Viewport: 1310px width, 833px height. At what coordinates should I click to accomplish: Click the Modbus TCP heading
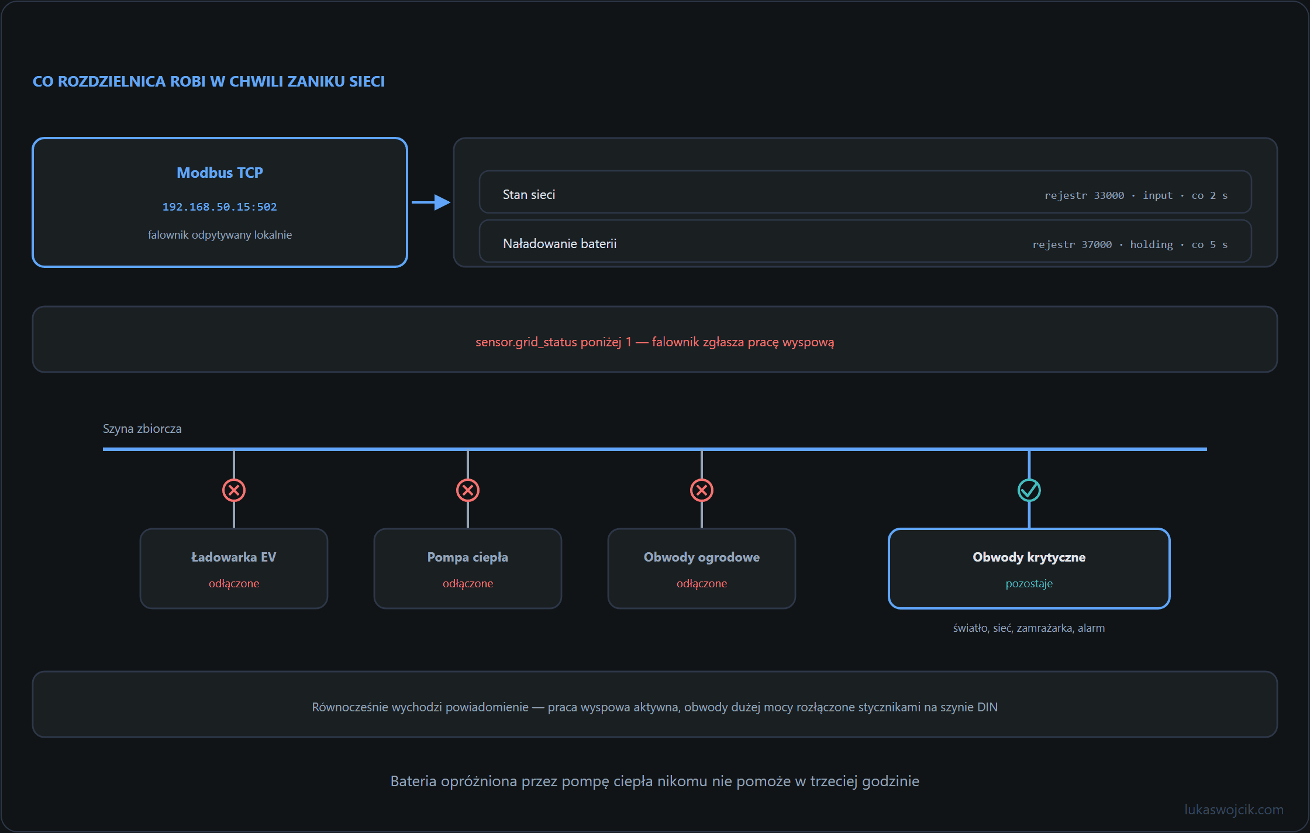[x=220, y=173]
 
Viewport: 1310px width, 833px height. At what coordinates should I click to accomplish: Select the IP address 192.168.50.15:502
[x=220, y=207]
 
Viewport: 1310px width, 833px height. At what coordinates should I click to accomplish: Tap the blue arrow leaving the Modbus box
[x=431, y=202]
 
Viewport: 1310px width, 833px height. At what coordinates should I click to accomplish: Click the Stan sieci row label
[x=529, y=195]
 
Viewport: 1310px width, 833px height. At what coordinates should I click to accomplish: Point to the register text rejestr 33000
[x=1084, y=195]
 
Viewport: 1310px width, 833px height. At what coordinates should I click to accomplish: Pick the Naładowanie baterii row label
[x=560, y=244]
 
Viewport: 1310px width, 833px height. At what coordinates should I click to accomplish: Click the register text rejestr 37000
[x=1072, y=245]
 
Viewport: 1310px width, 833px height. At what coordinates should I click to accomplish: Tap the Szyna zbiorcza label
[x=142, y=429]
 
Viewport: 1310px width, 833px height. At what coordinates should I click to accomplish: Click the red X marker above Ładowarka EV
[x=234, y=490]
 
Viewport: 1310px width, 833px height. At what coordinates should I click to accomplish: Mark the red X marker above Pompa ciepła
[x=468, y=490]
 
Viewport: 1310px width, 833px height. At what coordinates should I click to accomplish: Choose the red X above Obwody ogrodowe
[x=702, y=490]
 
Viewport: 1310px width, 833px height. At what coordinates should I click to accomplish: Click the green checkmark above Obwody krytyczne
[x=1029, y=490]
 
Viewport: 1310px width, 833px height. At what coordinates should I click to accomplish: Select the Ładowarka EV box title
[x=234, y=557]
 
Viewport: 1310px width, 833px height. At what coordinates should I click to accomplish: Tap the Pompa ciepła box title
[x=468, y=557]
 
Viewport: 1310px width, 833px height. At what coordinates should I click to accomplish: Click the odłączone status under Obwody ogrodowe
[x=702, y=584]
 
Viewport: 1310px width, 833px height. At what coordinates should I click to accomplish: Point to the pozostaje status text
[x=1029, y=584]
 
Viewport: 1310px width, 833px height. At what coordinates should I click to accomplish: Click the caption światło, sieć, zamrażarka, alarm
[x=1029, y=628]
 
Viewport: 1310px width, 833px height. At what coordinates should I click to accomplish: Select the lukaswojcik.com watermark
[x=1234, y=810]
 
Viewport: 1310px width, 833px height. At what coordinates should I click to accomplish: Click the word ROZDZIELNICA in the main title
[x=112, y=81]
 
